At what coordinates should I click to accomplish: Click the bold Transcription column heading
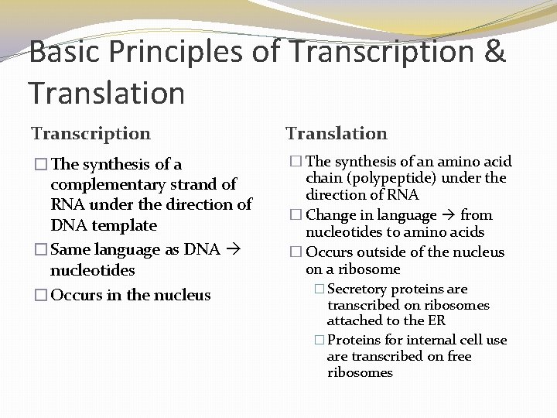point(91,134)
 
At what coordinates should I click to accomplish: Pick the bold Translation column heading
point(337,134)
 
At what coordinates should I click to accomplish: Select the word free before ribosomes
point(455,356)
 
